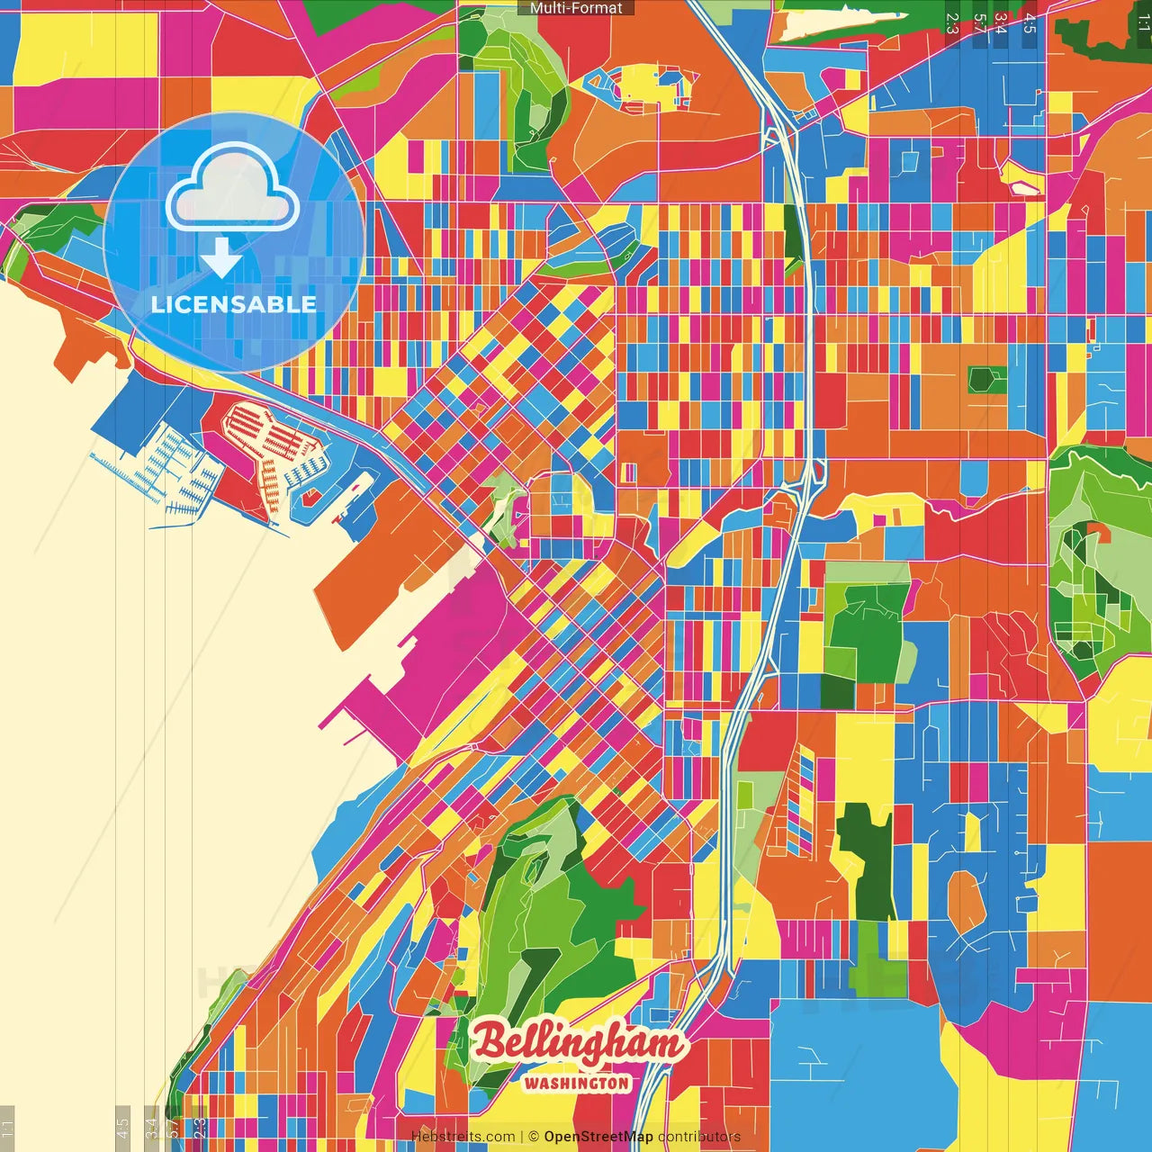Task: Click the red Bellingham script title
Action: (578, 1043)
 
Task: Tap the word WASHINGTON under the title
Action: (577, 1083)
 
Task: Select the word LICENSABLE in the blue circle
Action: (234, 304)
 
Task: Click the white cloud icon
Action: (232, 188)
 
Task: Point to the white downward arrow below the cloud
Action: (221, 257)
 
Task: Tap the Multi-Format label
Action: (576, 8)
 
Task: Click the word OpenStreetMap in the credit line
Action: (598, 1137)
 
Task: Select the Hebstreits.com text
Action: (463, 1137)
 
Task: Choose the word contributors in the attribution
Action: (699, 1137)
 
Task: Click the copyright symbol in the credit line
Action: (534, 1137)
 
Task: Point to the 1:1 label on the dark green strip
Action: (1143, 22)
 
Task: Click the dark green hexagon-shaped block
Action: (987, 380)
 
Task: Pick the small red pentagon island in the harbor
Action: (311, 496)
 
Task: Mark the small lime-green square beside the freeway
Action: (744, 795)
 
